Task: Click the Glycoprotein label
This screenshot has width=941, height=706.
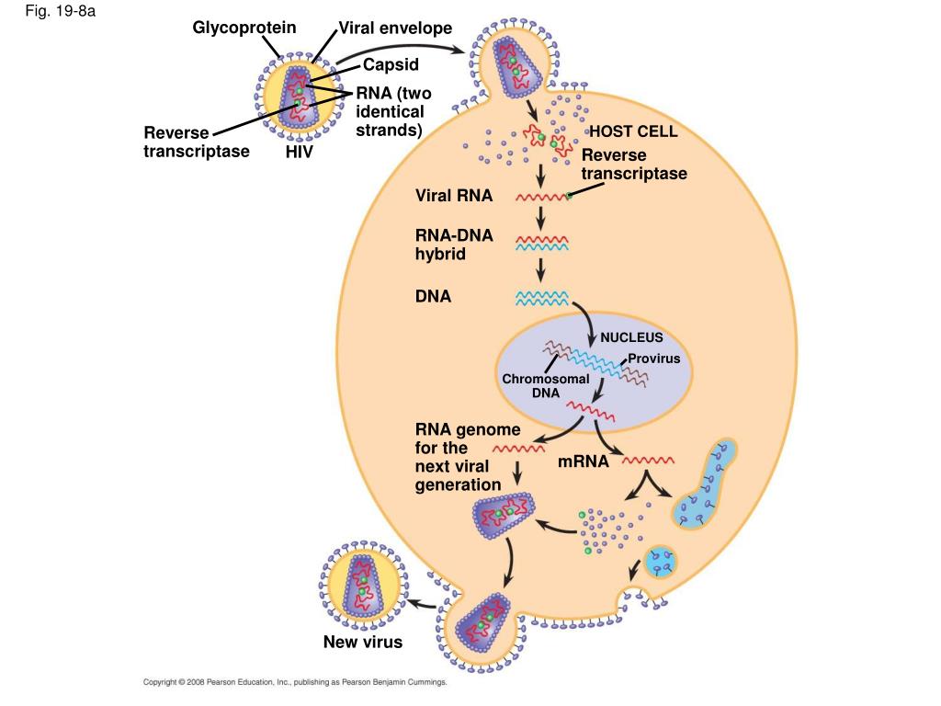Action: point(244,28)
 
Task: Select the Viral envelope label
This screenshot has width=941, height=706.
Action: point(395,28)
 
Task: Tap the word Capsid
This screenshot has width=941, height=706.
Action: point(391,64)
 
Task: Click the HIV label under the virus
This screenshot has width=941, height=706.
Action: point(300,152)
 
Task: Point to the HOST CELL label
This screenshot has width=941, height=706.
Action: point(633,131)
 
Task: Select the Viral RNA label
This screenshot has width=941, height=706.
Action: point(454,196)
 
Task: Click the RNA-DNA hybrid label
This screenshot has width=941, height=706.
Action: point(454,244)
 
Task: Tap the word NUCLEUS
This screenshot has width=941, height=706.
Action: point(631,337)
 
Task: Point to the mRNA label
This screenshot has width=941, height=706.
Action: point(584,461)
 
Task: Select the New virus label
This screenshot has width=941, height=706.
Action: point(363,642)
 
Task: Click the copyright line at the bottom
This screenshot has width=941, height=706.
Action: point(295,682)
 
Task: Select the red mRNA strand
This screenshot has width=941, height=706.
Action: point(649,459)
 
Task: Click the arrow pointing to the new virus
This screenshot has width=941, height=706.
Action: point(423,603)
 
